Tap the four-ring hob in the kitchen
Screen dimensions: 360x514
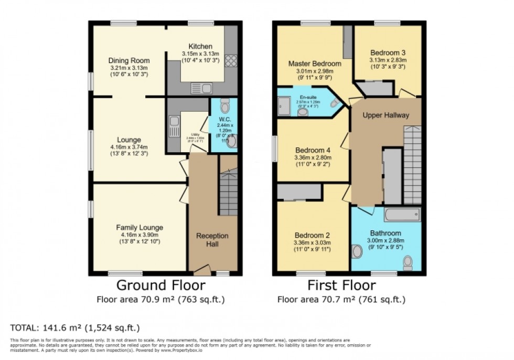(231, 61)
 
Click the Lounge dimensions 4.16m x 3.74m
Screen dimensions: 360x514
(129, 147)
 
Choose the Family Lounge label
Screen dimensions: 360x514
(140, 227)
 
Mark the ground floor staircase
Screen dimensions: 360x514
(228, 192)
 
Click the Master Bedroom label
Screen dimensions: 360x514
(315, 63)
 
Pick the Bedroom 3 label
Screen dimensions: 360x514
(388, 52)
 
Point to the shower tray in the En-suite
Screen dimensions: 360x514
(284, 108)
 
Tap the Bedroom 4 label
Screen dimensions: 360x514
(313, 149)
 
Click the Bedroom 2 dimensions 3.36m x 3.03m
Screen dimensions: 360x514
(313, 243)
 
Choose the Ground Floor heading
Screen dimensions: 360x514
(160, 285)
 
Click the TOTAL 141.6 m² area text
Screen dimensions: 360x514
(75, 327)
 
